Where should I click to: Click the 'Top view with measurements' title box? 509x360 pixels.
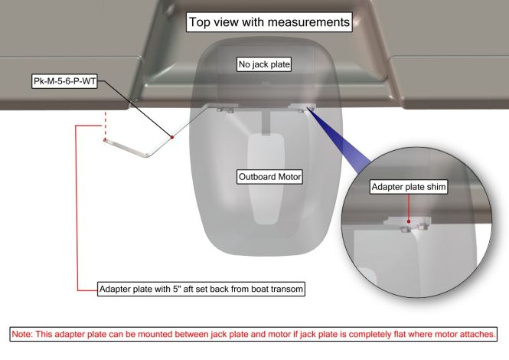[269, 22]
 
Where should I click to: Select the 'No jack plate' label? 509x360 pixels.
[264, 64]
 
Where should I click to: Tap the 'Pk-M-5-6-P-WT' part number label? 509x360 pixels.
[65, 81]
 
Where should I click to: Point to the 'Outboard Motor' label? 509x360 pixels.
[269, 177]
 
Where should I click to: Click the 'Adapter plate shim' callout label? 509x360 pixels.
[409, 187]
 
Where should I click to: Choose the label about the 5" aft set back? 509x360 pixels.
[201, 289]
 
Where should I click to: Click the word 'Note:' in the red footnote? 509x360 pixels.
[22, 334]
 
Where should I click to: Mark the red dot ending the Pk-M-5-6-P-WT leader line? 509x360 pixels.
[172, 137]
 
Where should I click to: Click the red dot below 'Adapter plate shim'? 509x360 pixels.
[409, 221]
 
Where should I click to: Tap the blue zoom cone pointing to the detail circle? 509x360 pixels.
[339, 139]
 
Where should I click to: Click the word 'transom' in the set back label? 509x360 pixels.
[286, 290]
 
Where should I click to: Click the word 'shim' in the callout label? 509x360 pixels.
[436, 187]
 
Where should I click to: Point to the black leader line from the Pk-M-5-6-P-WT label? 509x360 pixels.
[135, 109]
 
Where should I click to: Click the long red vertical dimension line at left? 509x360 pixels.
[77, 208]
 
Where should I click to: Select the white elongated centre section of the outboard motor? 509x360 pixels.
[266, 178]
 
